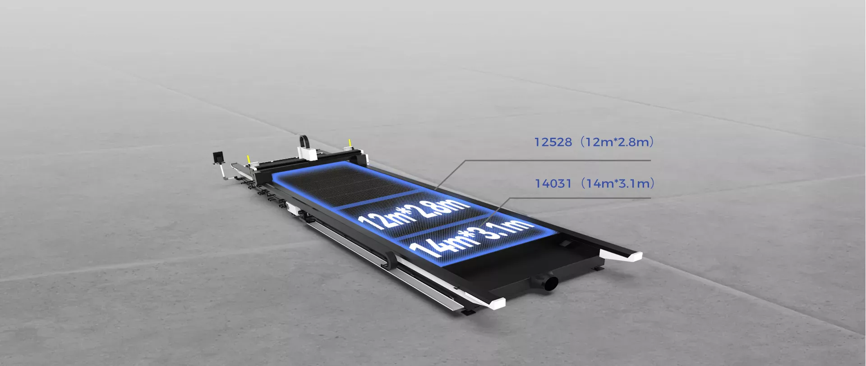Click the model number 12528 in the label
(553, 142)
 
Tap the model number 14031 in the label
(553, 183)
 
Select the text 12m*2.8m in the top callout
(617, 142)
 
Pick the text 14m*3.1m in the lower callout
(617, 183)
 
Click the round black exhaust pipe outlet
(551, 283)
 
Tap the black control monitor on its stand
(218, 157)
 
